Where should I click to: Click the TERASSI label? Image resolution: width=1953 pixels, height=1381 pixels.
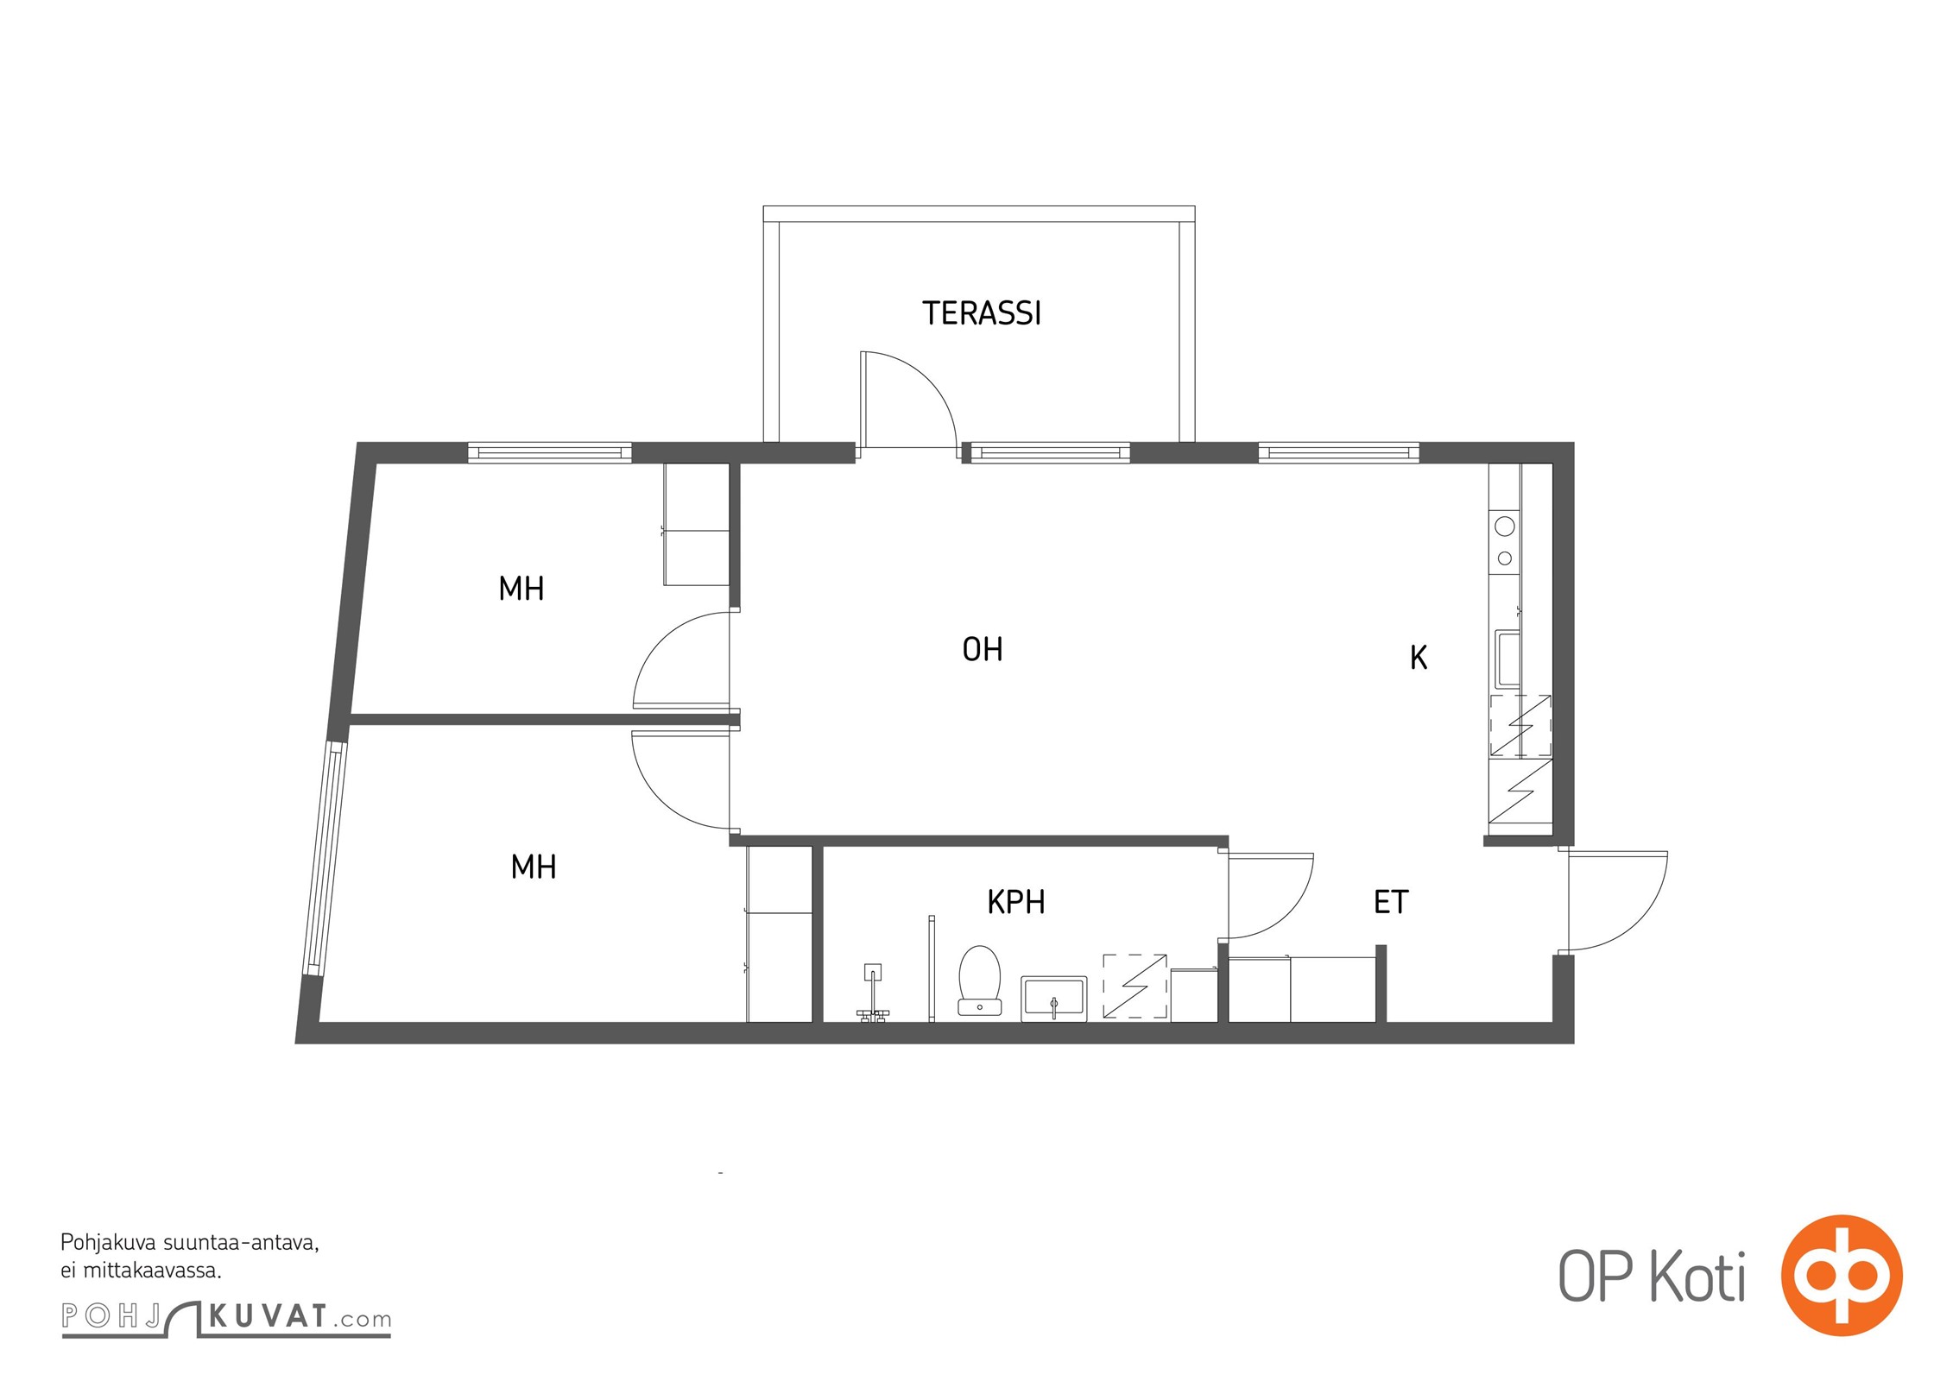click(x=982, y=313)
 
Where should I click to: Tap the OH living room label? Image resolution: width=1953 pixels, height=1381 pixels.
click(x=983, y=649)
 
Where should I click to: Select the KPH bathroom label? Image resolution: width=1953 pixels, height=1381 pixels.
click(x=1016, y=902)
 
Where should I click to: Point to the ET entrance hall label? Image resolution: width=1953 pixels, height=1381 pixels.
click(x=1391, y=902)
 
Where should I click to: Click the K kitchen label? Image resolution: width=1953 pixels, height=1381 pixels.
click(x=1419, y=658)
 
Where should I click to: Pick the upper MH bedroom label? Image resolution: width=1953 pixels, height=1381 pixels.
click(x=521, y=589)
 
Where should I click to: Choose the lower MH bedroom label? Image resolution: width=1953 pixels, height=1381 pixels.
click(x=534, y=867)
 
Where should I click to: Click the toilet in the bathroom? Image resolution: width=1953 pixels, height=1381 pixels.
click(x=979, y=981)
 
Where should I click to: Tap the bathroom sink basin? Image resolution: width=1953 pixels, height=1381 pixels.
click(x=1053, y=999)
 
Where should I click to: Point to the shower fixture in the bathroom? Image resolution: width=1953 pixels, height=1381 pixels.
click(x=874, y=993)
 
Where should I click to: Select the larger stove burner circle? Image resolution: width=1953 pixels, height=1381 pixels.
click(x=1505, y=526)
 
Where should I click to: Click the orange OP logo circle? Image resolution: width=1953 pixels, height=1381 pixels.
click(x=1842, y=1275)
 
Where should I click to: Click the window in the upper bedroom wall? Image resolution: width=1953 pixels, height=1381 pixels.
click(x=550, y=452)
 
